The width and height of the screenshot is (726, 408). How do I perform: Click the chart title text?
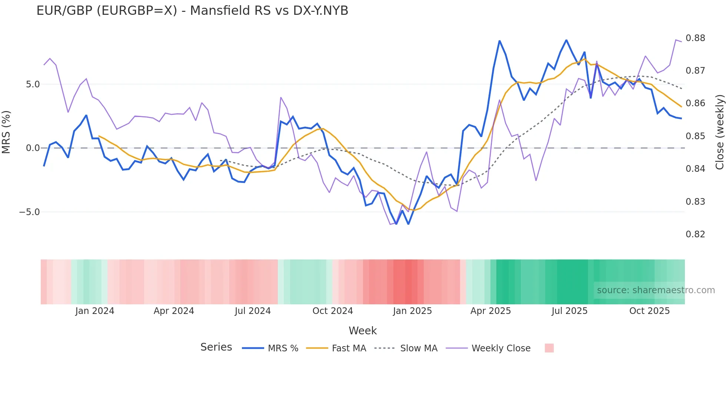(x=192, y=11)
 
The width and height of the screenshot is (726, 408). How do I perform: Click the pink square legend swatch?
(x=549, y=348)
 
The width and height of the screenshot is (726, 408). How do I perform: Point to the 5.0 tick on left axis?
(x=33, y=84)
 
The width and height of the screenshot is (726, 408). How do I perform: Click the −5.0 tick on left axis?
(x=30, y=212)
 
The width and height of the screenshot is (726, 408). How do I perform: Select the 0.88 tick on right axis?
(x=695, y=38)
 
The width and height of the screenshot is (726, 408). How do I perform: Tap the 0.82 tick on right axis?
(x=695, y=234)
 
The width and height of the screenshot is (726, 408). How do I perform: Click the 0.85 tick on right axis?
(x=695, y=136)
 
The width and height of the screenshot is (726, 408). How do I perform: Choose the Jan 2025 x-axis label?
(x=412, y=311)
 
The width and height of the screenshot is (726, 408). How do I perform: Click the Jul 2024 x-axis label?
(x=253, y=311)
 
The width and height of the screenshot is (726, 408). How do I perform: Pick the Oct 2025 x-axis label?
(x=649, y=311)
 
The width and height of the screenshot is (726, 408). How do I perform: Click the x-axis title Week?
(x=363, y=331)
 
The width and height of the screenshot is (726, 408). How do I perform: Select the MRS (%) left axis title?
(x=6, y=132)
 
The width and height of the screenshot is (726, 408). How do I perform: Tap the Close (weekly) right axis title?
(x=719, y=132)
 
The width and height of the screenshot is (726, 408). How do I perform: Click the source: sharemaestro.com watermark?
(x=656, y=290)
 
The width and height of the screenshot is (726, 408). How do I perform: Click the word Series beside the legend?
(x=216, y=347)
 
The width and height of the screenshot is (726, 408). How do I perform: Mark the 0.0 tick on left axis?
(x=33, y=148)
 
